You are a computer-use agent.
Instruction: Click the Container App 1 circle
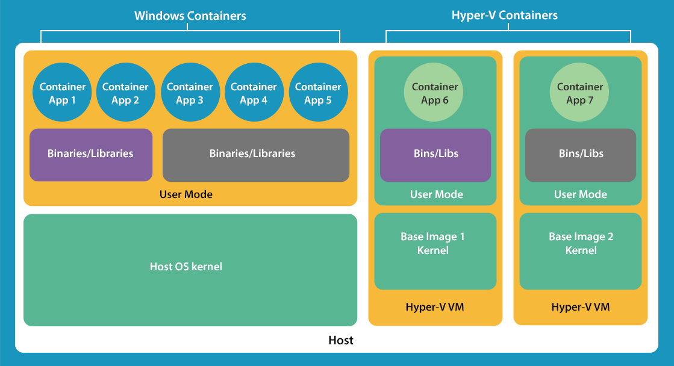[x=63, y=93]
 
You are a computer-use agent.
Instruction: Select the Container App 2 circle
[x=125, y=93]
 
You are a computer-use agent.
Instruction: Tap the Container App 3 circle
[x=190, y=93]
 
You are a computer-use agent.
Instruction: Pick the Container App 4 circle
[x=254, y=93]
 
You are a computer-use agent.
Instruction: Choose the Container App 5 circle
[x=318, y=93]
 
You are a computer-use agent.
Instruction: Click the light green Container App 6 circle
[x=435, y=93]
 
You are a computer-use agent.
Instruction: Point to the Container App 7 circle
[x=580, y=93]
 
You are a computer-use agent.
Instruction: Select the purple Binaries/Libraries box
[x=90, y=155]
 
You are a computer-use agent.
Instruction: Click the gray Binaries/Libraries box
[x=255, y=155]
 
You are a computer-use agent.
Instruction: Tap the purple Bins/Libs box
[x=435, y=155]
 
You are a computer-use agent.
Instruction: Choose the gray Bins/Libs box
[x=580, y=155]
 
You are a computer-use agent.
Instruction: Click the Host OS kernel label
[x=186, y=266]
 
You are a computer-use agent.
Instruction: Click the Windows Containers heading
[x=190, y=16]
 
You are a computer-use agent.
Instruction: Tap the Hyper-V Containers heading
[x=504, y=16]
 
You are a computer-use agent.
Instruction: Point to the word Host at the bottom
[x=340, y=340]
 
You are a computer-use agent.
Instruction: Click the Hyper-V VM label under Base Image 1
[x=435, y=307]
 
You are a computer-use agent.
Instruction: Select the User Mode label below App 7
[x=580, y=194]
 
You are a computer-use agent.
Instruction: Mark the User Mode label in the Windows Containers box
[x=186, y=194]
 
